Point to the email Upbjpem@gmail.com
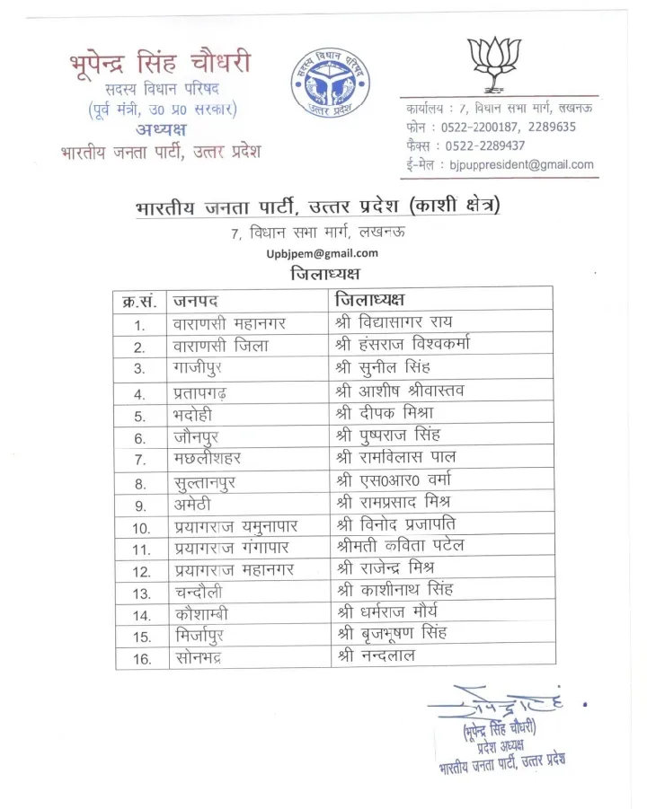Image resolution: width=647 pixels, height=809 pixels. tap(322, 253)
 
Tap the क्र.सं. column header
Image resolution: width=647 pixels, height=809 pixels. tap(138, 300)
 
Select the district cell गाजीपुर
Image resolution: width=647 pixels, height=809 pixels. tap(199, 368)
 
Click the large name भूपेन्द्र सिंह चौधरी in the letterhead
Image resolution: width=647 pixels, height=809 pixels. tap(160, 64)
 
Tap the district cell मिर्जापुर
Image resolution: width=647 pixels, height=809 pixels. tap(200, 636)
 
